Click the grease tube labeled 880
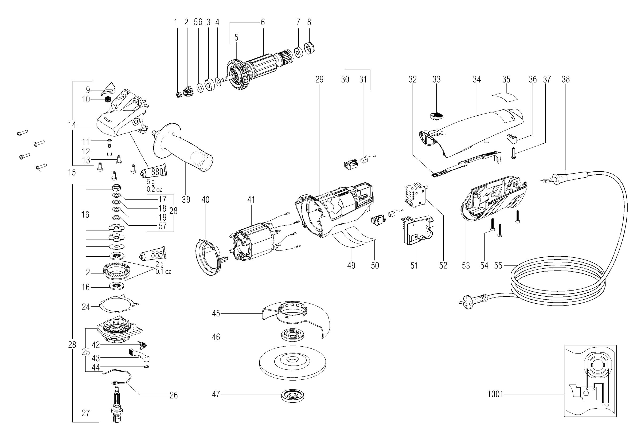pos(154,172)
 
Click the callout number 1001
pos(495,394)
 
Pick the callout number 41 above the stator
pos(251,200)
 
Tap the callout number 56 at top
pos(198,22)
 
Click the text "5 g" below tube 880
pos(151,182)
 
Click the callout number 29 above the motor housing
pos(319,79)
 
